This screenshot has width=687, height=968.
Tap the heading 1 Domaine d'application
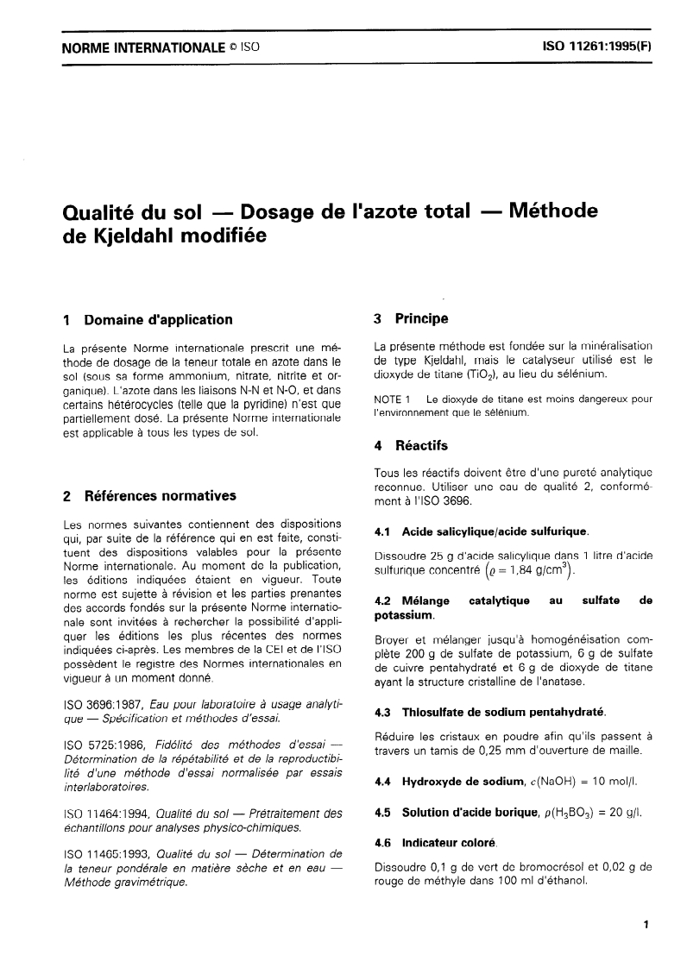[x=148, y=320]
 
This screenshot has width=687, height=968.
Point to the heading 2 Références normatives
[x=152, y=496]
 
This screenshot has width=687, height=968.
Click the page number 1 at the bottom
[x=646, y=925]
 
